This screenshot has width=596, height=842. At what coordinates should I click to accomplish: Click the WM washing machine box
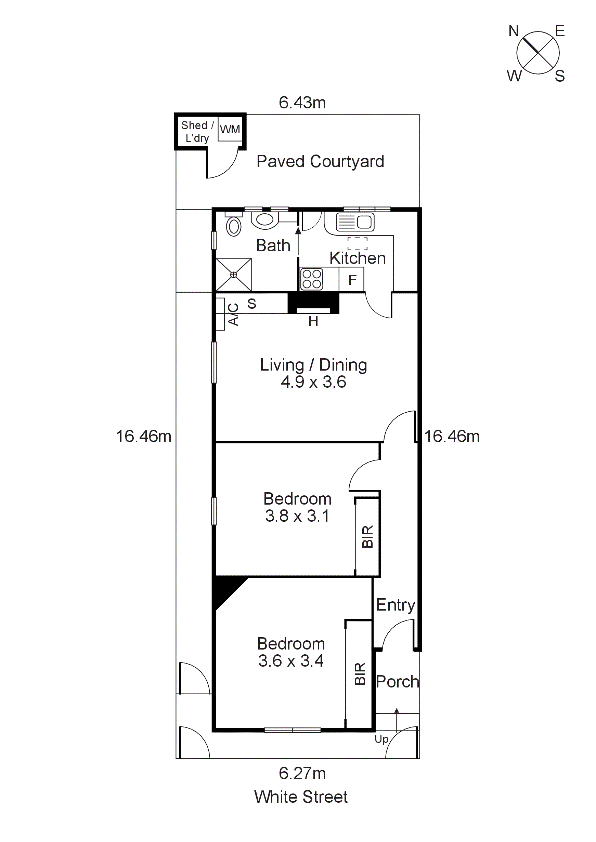coord(230,129)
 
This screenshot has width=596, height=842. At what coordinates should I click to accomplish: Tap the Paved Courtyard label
coord(320,161)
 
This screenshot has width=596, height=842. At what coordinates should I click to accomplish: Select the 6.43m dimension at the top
coord(302,103)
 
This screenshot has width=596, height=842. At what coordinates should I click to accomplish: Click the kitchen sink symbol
coord(355,222)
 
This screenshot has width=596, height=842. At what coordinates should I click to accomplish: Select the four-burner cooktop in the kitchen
coord(312,279)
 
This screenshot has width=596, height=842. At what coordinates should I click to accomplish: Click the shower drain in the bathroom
coord(233,275)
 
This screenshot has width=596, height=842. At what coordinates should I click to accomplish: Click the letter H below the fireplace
coord(313,322)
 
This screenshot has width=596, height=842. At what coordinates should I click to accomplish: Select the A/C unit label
coord(233,314)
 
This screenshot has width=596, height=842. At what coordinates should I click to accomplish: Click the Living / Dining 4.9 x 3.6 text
coord(313,373)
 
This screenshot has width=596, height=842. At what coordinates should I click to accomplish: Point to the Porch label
coord(397,682)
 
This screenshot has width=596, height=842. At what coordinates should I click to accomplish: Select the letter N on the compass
coord(513,31)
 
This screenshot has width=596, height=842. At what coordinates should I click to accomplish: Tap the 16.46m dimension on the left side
coord(143,437)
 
